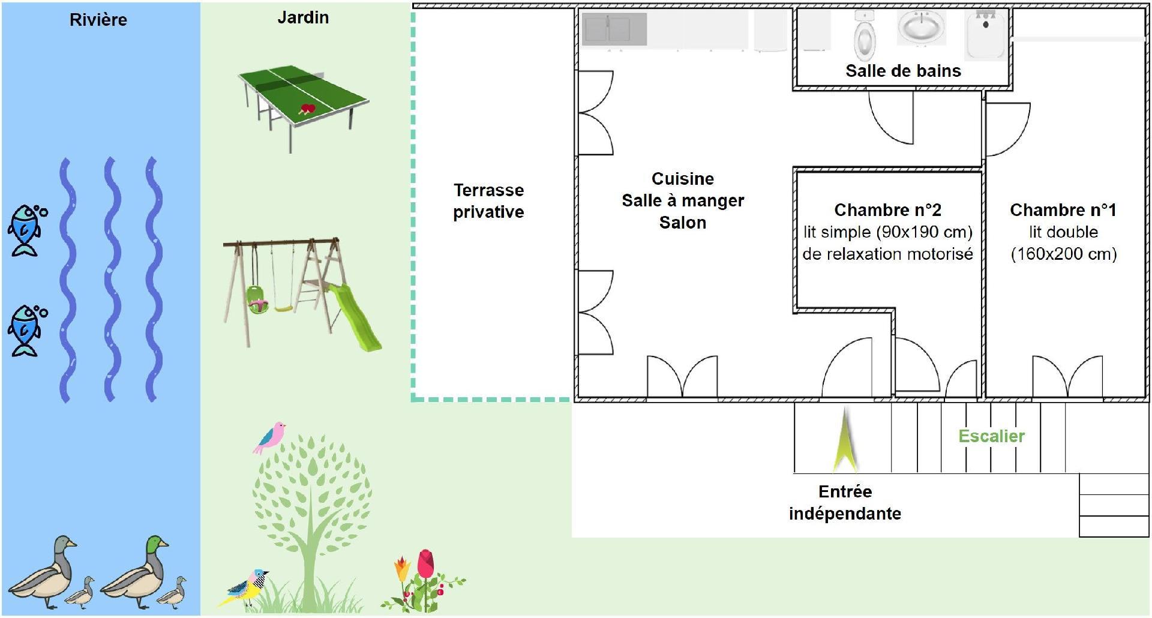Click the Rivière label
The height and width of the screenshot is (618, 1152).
(98, 20)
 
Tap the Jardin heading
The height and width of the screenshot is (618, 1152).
(303, 17)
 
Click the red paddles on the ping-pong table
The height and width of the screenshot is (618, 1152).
(308, 109)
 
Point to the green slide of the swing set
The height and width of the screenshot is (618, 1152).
(355, 316)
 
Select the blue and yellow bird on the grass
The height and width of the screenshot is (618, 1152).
(245, 586)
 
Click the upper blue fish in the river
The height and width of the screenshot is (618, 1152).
(26, 230)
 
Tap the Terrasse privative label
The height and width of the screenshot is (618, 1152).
(488, 201)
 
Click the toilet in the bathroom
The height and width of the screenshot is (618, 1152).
(865, 36)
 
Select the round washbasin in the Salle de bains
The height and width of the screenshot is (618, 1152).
(922, 28)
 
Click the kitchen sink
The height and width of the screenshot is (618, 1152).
(614, 29)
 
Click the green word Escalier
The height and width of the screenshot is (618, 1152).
(991, 436)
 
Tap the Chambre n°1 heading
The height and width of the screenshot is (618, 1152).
(1063, 210)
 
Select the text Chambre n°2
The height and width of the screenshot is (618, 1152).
(887, 210)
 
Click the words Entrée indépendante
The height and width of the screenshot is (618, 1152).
(845, 503)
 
